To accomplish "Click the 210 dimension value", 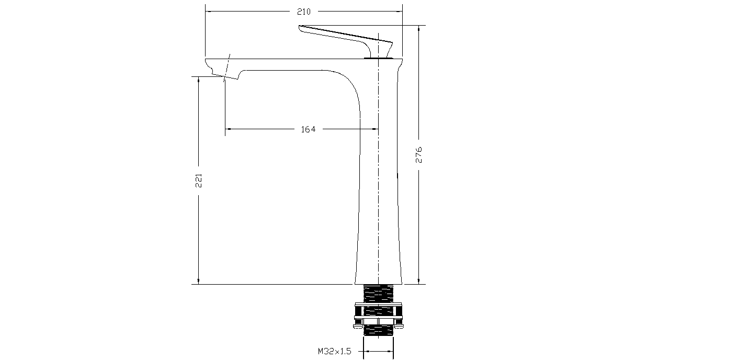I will click(x=304, y=12).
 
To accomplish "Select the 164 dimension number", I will click(x=308, y=129).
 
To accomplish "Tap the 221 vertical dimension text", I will click(x=199, y=180).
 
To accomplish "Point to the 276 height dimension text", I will click(x=419, y=155).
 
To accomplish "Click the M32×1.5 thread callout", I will click(x=334, y=352).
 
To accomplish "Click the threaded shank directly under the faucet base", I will click(x=379, y=293).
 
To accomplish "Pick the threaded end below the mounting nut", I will click(x=379, y=332).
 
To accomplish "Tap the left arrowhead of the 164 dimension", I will click(x=228, y=129).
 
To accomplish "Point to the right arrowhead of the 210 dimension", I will click(x=399, y=11).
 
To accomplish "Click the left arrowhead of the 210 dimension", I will click(x=208, y=11).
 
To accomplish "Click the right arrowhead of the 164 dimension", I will click(x=374, y=129).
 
